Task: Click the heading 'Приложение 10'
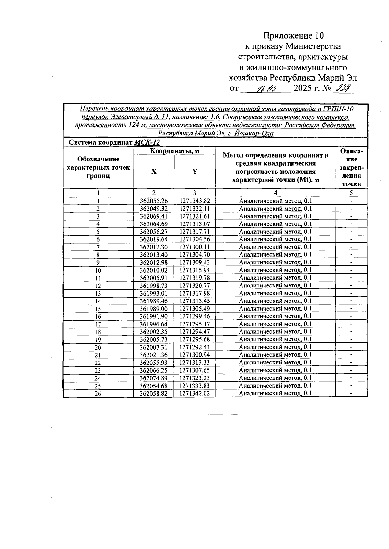click(x=293, y=35)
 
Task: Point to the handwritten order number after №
click(x=344, y=88)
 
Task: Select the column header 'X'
click(x=154, y=172)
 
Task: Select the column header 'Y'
click(x=194, y=172)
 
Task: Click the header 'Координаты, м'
click(x=174, y=151)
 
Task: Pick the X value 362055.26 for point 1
click(x=154, y=201)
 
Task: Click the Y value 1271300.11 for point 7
click(x=194, y=247)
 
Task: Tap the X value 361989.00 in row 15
click(x=154, y=309)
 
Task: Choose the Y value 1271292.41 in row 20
click(x=194, y=347)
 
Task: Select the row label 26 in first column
click(x=98, y=394)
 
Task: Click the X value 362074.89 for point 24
click(x=154, y=378)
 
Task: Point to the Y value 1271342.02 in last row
click(x=194, y=393)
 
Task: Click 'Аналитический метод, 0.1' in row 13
click(x=275, y=293)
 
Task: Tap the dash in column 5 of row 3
click(x=351, y=216)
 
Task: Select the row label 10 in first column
click(x=98, y=270)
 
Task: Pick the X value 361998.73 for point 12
click(x=154, y=286)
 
